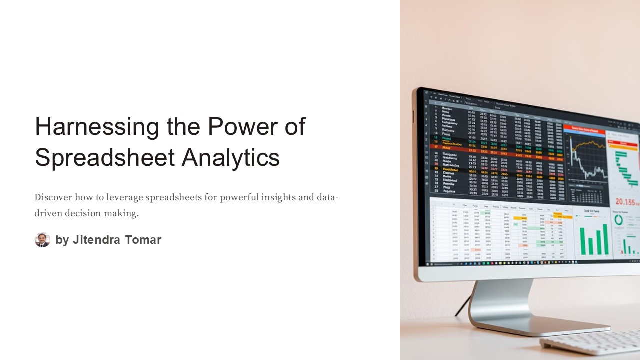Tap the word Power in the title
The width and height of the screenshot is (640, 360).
point(241,127)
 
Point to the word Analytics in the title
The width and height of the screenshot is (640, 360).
point(231,158)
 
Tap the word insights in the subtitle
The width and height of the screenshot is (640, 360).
point(275,197)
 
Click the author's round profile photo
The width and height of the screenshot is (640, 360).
point(42,240)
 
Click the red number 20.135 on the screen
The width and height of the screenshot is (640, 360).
point(624,202)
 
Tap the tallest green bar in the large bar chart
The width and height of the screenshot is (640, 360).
point(605,239)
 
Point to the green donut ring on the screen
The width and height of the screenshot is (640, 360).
point(618,220)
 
